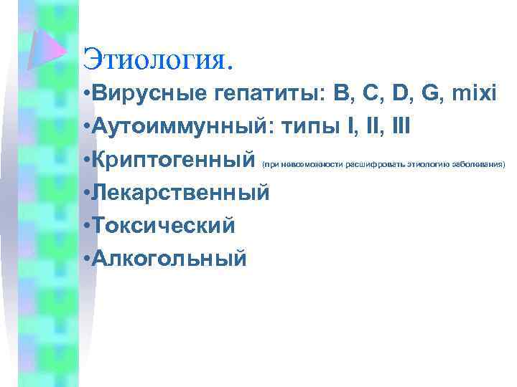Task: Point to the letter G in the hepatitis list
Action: [x=421, y=95]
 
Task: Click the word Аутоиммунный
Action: [x=172, y=128]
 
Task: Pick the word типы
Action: [x=309, y=128]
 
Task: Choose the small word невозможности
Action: [x=307, y=165]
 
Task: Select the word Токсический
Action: [x=163, y=225]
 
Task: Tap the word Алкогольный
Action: [x=168, y=257]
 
